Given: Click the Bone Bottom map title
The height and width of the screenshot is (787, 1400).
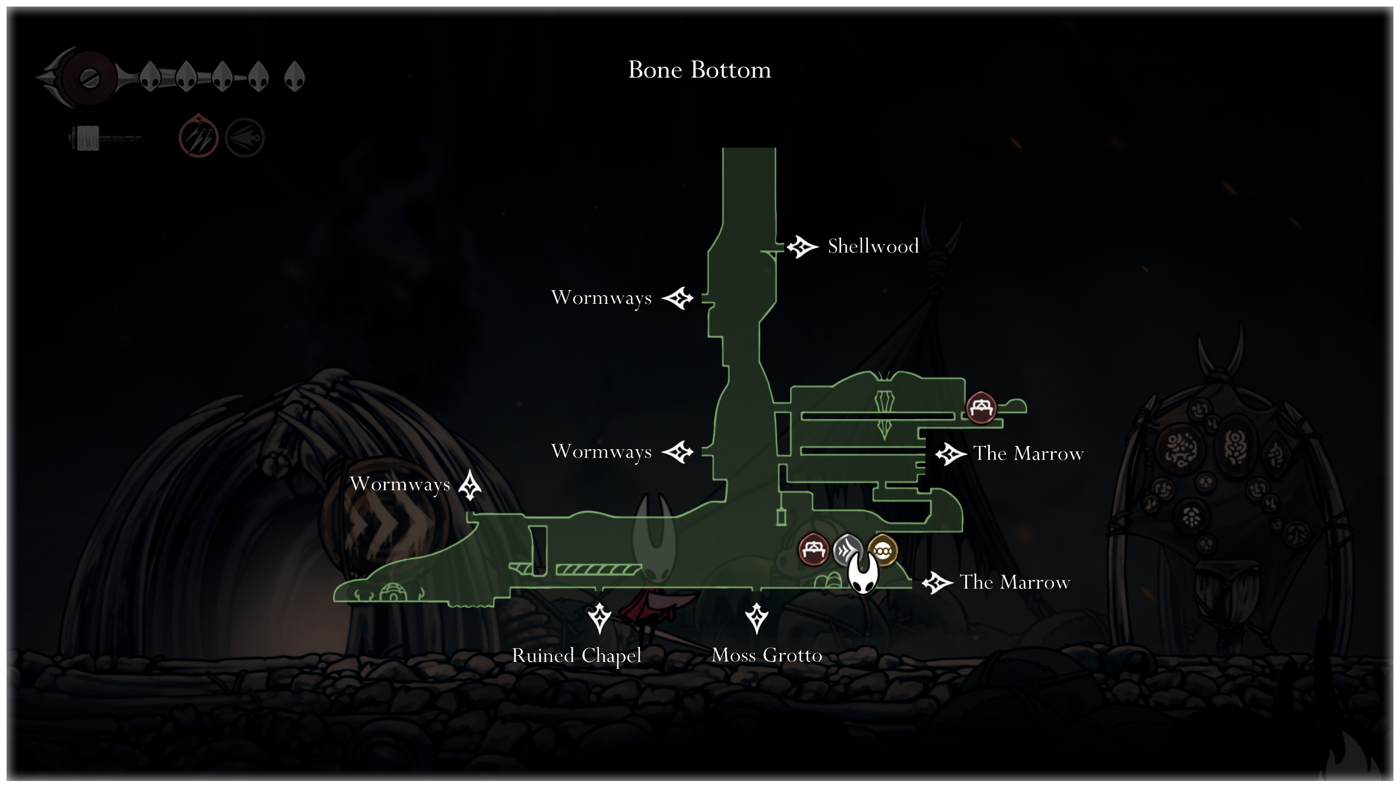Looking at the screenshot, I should pos(699,70).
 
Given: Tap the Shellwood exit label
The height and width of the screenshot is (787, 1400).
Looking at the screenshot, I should pos(873,246).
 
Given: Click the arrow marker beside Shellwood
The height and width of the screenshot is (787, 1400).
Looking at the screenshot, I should pos(802,247).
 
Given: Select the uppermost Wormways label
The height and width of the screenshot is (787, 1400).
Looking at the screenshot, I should pos(601,298).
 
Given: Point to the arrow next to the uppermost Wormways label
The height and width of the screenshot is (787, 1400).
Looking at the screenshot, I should pos(678,298).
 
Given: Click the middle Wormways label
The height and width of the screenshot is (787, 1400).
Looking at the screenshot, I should pos(601,451).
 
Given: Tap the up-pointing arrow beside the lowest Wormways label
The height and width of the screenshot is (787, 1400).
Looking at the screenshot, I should pos(470,485).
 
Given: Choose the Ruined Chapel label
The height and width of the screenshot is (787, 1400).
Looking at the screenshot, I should pos(576,655).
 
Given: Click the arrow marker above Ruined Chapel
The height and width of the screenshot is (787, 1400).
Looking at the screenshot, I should pos(599,618).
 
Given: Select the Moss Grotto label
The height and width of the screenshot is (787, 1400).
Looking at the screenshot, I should pos(767,655).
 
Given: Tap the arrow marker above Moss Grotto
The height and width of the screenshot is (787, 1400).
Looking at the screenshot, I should pos(757,618).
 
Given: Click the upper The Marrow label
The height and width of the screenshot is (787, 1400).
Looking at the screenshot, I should pos(1028,454).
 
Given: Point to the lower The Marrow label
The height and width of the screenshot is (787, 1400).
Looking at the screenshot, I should pos(1015,582).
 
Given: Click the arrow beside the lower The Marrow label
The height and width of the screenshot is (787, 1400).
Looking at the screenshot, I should pos(937,583).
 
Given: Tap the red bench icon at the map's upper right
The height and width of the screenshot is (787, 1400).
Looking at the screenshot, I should pos(981,407).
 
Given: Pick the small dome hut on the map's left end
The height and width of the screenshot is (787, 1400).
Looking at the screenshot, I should pos(392,592).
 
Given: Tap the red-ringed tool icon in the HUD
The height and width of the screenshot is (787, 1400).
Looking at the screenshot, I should pos(199,137).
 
